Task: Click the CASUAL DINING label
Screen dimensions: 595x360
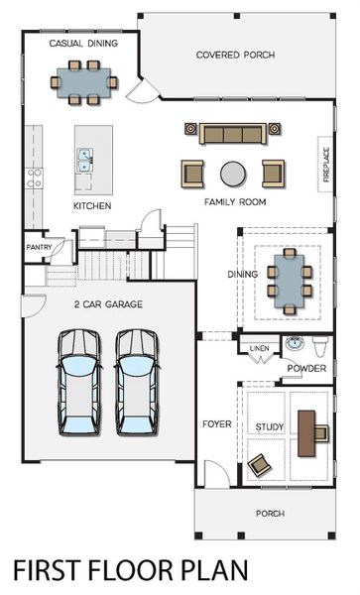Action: (83, 44)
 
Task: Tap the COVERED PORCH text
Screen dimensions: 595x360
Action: (235, 55)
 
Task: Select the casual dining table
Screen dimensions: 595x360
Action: (84, 81)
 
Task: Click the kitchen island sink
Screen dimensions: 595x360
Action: (85, 157)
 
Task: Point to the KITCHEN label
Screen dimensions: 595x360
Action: (92, 206)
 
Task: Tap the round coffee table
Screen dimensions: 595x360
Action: (232, 173)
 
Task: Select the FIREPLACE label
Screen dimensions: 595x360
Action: (325, 165)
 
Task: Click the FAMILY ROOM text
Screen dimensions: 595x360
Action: (235, 202)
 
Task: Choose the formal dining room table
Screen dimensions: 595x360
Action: (289, 281)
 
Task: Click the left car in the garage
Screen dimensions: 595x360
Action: (78, 383)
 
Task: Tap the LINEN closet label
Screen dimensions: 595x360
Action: (259, 349)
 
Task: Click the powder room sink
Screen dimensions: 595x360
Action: (294, 345)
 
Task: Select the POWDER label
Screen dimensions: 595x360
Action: (305, 369)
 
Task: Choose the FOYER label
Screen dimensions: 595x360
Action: (216, 424)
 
